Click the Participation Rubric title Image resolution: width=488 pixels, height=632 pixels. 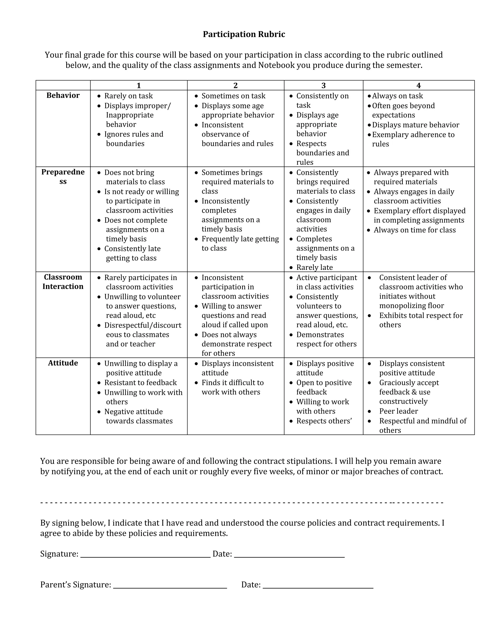pyautogui.click(x=244, y=34)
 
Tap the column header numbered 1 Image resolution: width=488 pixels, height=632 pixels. pyautogui.click(x=138, y=85)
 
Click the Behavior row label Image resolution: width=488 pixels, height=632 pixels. pyautogui.click(x=63, y=95)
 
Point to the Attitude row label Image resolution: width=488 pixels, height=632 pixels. pyautogui.click(x=63, y=363)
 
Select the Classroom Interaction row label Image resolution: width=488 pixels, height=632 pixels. pyautogui.click(x=63, y=282)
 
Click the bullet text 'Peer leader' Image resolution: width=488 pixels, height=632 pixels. pyautogui.click(x=398, y=411)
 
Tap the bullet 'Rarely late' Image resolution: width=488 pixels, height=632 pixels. pyautogui.click(x=314, y=267)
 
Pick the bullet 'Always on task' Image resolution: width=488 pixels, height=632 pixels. pyautogui.click(x=397, y=96)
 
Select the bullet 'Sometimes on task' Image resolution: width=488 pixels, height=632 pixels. pyautogui.click(x=233, y=96)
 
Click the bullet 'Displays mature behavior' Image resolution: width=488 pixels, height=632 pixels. pyautogui.click(x=415, y=125)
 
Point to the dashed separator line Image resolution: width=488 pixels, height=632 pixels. pyautogui.click(x=242, y=503)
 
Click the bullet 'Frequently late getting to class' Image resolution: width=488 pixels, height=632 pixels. pyautogui.click(x=240, y=239)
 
